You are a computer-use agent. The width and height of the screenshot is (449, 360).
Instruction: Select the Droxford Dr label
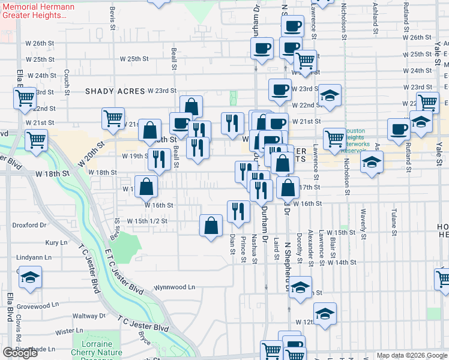(29, 226)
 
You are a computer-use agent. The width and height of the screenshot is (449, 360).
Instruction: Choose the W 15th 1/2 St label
(146, 221)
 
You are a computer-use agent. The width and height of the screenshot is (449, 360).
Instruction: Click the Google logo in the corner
(20, 353)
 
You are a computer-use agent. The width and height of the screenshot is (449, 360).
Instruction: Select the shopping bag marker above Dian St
(211, 226)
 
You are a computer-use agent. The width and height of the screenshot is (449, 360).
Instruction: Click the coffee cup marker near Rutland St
(399, 129)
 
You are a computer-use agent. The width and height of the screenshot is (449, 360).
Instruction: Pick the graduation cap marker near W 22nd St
(330, 95)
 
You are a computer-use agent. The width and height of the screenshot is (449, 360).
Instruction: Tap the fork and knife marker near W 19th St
(159, 160)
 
